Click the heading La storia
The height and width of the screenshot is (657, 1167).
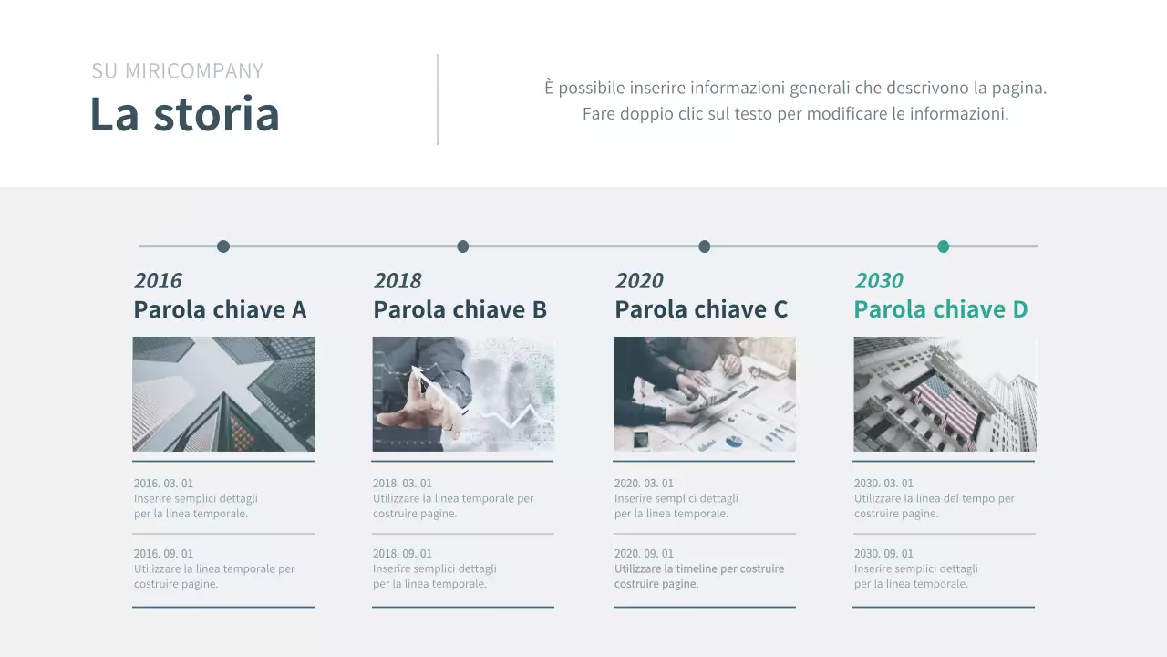(184, 114)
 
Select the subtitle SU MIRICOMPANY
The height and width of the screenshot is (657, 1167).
(177, 71)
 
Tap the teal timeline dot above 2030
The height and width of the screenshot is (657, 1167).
(944, 246)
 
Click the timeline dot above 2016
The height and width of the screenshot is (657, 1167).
(223, 246)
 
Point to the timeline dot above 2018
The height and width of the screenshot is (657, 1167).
(463, 246)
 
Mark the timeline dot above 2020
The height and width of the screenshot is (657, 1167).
(705, 246)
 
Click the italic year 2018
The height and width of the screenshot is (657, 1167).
(398, 280)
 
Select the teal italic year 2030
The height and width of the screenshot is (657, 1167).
(879, 280)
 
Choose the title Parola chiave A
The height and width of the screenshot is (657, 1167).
(220, 310)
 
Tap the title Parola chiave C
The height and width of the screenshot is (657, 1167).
(701, 310)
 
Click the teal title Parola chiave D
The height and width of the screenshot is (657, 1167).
(941, 310)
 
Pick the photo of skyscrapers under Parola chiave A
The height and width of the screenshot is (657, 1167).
(223, 394)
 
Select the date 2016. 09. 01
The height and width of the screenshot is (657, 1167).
(163, 554)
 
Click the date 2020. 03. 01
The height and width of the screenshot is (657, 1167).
(644, 484)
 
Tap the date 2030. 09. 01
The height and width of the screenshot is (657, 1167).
(883, 554)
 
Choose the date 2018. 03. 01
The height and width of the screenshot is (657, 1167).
(402, 484)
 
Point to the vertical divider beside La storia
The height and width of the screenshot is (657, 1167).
(438, 99)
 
